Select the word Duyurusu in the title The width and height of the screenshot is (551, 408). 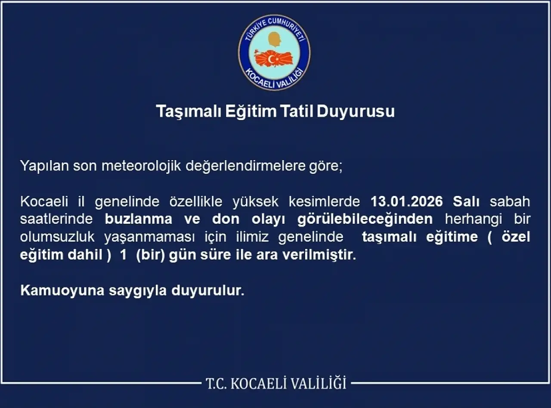point(356,111)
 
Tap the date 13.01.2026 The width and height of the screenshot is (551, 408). point(407,201)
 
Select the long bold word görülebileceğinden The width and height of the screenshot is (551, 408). point(365,219)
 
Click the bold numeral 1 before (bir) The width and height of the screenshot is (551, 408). point(123,255)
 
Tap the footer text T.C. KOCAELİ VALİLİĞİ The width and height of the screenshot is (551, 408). point(275,383)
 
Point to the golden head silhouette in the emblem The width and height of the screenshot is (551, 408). point(274,40)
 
